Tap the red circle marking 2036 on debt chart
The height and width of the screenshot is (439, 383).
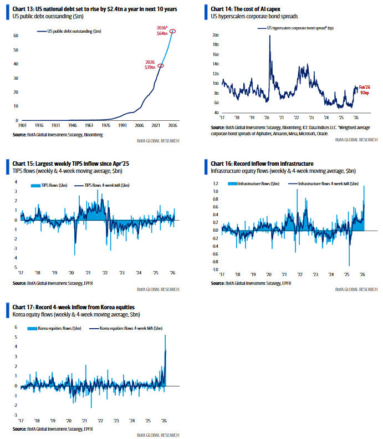click(x=173, y=31)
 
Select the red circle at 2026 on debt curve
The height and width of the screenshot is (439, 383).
click(x=161, y=65)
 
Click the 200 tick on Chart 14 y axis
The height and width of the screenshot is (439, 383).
click(x=216, y=34)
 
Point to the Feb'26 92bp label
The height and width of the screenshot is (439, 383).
click(x=364, y=90)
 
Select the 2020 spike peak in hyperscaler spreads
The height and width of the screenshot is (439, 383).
click(x=269, y=36)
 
